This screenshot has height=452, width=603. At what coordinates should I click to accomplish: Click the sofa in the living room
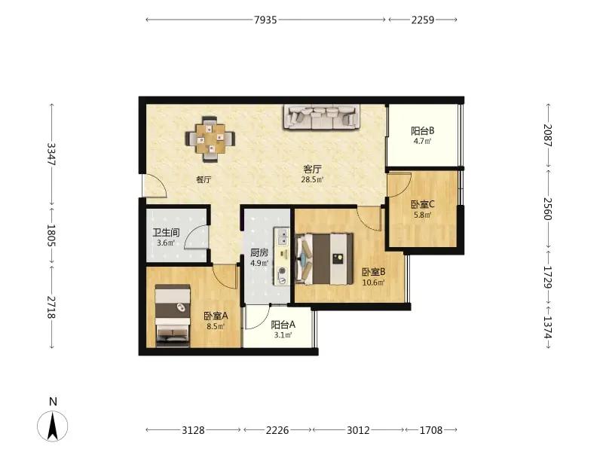tap(323, 117)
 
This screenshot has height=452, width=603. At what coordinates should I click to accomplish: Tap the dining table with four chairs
tap(210, 139)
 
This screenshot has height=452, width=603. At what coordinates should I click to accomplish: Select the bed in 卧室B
tap(324, 259)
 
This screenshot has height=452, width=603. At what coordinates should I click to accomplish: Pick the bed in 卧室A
tap(173, 316)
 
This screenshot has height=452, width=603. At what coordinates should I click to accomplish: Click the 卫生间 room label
tap(166, 233)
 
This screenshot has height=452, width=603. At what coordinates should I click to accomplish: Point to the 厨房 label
tap(259, 253)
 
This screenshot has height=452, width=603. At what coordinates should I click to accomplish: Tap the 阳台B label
tap(423, 131)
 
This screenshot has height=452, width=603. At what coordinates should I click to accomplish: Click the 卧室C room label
tap(423, 204)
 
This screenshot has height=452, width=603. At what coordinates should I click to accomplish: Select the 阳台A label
tap(283, 325)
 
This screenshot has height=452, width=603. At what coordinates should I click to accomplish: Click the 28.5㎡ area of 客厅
tap(312, 179)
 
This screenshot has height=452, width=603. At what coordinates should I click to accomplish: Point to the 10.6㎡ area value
tap(373, 283)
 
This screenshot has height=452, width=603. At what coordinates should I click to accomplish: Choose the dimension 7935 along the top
tap(265, 20)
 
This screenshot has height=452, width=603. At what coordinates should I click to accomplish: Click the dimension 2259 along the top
tap(423, 20)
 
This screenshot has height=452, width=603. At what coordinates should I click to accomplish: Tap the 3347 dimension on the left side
tap(51, 154)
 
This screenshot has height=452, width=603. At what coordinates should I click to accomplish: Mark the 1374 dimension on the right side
tap(548, 327)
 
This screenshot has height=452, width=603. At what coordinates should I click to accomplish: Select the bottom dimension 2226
tap(277, 430)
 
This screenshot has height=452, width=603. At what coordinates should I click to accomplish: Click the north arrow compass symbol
tap(53, 426)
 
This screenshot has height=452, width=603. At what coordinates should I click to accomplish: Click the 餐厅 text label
tap(204, 179)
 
